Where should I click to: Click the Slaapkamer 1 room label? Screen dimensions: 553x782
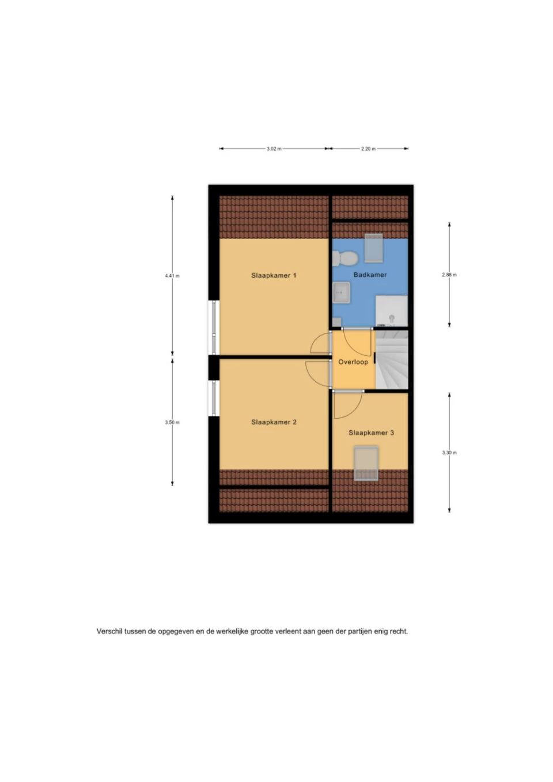(x=274, y=275)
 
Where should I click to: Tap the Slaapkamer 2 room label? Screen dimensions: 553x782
(x=274, y=422)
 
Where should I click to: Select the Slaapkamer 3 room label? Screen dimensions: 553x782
(x=371, y=433)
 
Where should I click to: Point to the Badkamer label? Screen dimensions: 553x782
(x=370, y=275)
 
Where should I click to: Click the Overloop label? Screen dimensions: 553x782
(x=353, y=362)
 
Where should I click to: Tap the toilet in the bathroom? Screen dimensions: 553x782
(x=345, y=259)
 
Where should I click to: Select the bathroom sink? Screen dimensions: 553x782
(x=341, y=293)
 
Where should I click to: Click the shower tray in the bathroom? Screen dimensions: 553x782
(x=391, y=311)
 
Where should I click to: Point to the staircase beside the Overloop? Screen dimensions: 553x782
(x=391, y=360)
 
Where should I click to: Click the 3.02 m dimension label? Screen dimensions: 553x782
(x=274, y=149)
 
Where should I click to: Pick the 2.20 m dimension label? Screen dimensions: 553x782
(x=368, y=149)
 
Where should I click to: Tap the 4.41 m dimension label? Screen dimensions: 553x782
(x=172, y=276)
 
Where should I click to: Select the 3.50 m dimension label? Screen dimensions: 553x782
(x=172, y=423)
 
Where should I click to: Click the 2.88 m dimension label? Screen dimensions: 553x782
(x=449, y=275)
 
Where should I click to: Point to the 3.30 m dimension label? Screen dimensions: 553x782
(x=449, y=453)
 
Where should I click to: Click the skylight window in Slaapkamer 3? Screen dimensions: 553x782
(x=366, y=463)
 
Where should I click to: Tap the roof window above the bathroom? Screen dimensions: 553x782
(x=373, y=248)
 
